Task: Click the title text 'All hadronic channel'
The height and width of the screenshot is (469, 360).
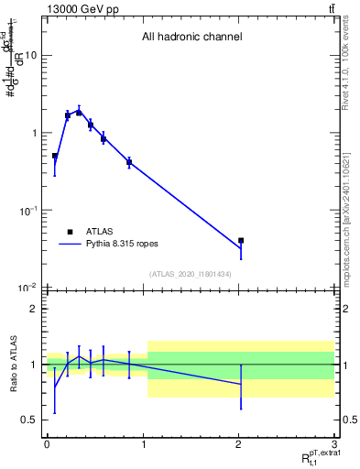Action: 191,38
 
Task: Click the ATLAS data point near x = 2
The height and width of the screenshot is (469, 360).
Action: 241,241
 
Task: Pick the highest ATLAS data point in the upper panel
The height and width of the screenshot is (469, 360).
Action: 79,112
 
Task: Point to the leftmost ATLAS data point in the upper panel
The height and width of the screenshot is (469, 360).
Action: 54,156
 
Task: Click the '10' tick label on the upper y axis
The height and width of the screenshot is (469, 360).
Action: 30,55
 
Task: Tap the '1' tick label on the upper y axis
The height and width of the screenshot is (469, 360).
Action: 34,133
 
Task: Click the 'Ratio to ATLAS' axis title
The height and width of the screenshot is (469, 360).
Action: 11,365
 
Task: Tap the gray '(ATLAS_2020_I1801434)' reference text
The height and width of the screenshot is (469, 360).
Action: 191,274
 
